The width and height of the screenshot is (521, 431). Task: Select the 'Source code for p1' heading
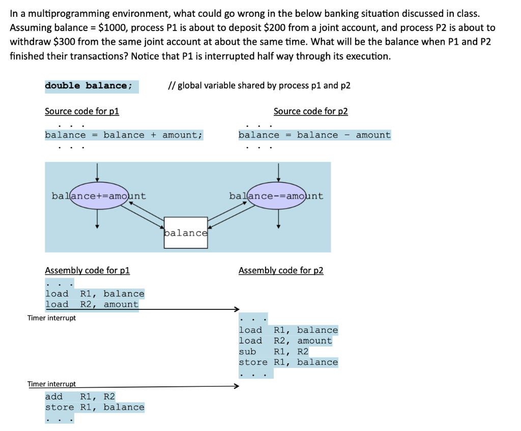pos(82,111)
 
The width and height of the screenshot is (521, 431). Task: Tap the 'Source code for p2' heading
pos(310,111)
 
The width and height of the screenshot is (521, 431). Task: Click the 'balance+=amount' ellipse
pos(99,196)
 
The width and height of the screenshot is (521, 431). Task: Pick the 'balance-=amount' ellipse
pos(276,196)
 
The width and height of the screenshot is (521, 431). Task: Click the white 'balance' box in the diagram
pos(186,233)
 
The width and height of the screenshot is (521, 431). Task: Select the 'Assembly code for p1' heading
pos(87,270)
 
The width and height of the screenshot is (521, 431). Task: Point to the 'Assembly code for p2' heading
pos(281,270)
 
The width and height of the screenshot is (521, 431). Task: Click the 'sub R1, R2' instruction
pos(274,352)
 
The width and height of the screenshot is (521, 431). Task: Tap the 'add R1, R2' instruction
pos(80,396)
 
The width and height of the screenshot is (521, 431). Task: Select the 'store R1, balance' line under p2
pos(288,362)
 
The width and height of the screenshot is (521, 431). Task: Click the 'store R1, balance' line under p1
pos(95,407)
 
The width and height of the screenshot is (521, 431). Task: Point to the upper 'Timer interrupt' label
pos(51,318)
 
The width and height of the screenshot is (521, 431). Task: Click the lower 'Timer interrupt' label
pos(51,384)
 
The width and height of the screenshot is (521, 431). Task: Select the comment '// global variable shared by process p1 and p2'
pos(258,85)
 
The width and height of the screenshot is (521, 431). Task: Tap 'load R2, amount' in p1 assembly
pos(92,304)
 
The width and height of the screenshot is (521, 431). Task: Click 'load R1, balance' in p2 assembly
pos(288,330)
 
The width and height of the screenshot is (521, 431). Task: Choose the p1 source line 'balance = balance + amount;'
pos(124,135)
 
